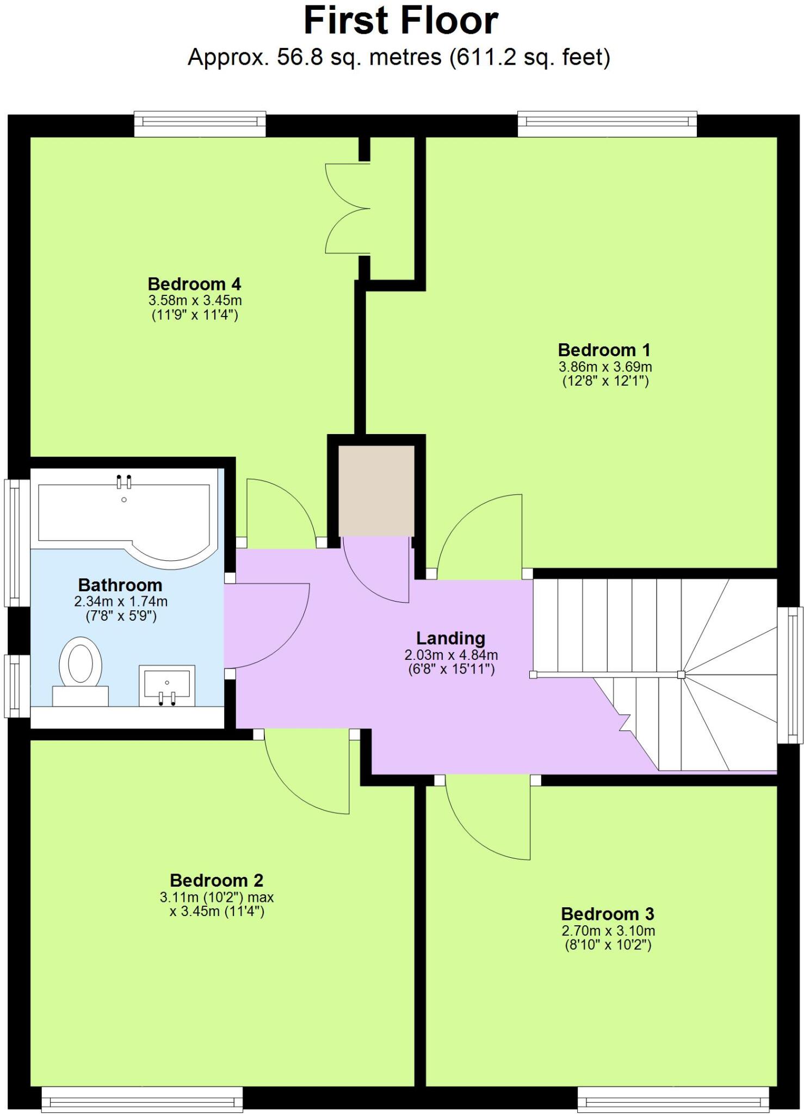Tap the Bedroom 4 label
click(194, 284)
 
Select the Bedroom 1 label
click(604, 350)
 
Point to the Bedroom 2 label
click(217, 880)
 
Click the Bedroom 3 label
click(607, 914)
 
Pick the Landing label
click(450, 638)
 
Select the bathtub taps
click(124, 481)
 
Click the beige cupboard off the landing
click(376, 491)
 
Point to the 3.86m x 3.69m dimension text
click(605, 367)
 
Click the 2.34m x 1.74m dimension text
click(121, 602)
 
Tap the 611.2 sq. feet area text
click(529, 57)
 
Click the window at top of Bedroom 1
click(607, 124)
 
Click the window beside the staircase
click(790, 674)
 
